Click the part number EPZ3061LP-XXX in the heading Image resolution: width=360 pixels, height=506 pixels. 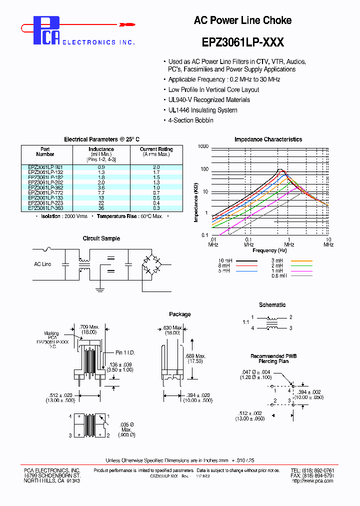click(242, 42)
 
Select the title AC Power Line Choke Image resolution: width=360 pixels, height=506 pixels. click(242, 20)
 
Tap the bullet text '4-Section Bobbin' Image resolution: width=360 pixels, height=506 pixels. click(191, 120)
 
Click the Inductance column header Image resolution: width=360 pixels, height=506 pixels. click(101, 149)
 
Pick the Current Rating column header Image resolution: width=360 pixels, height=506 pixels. click(156, 149)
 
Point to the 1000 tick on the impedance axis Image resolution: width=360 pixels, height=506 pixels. click(202, 146)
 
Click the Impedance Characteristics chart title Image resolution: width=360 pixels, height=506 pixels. click(268, 139)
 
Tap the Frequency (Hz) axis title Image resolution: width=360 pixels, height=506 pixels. click(269, 250)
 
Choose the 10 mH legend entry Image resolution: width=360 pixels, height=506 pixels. click(225, 261)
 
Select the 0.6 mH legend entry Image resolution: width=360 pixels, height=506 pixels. click(279, 276)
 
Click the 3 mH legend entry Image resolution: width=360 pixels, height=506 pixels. click(277, 261)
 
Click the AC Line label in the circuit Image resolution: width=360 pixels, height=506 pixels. click(42, 264)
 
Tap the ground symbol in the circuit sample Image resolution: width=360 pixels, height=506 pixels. click(99, 289)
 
